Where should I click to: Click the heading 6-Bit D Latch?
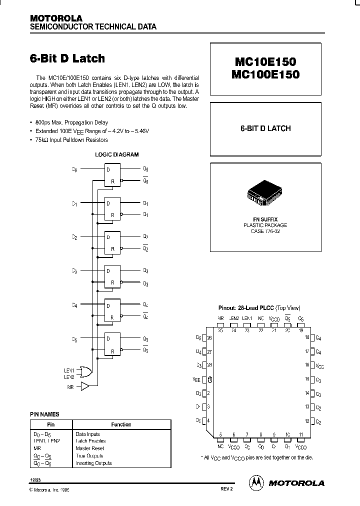click(67, 58)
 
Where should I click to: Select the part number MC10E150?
click(264, 62)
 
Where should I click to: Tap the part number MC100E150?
click(264, 74)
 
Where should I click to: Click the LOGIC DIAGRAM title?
click(117, 155)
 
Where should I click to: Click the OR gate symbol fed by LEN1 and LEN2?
click(85, 372)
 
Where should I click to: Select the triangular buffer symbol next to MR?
click(84, 386)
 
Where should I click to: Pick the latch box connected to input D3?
click(112, 276)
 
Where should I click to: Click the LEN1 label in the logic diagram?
click(68, 369)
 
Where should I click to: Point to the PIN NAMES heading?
click(44, 414)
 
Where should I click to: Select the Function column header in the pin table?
click(121, 424)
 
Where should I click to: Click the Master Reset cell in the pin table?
click(89, 448)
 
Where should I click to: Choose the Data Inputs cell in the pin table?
click(87, 434)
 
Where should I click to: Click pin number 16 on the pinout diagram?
click(307, 365)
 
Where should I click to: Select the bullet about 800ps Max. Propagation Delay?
click(71, 122)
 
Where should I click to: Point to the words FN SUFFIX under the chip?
click(265, 219)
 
